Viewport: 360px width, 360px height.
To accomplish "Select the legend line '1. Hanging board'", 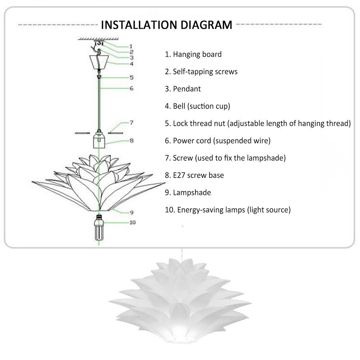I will click(193, 54).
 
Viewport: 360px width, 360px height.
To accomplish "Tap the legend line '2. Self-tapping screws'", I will click(201, 72).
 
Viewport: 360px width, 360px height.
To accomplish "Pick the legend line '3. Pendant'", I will click(183, 89).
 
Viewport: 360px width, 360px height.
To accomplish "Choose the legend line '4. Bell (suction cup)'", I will click(198, 106).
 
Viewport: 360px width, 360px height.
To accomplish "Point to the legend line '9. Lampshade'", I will click(188, 193).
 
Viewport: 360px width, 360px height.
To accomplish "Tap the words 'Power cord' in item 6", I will click(192, 141).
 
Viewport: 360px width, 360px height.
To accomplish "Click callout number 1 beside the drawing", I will click(131, 46).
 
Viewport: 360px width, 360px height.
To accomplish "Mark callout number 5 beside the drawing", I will click(131, 77).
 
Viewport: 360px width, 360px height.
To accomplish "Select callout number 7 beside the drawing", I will click(131, 123).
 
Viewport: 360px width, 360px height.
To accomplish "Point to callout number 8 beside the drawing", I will click(131, 141).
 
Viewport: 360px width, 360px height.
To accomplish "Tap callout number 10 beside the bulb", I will click(132, 222).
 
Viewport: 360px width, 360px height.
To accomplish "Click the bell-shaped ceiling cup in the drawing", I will click(99, 63).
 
